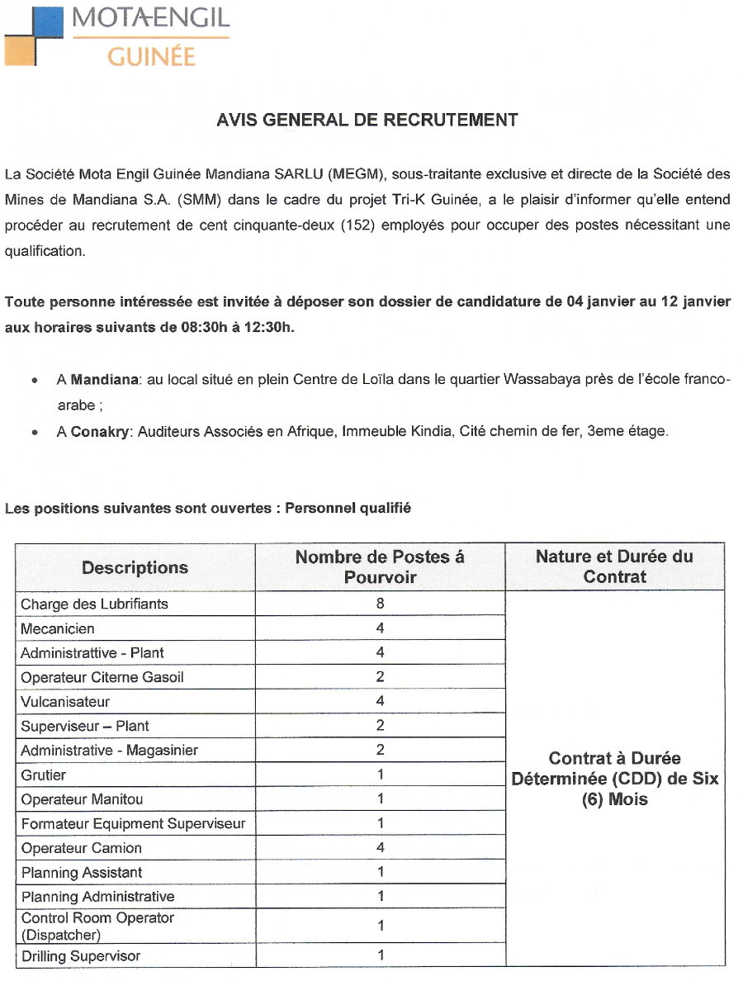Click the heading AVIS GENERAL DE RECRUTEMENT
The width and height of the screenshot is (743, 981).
(367, 120)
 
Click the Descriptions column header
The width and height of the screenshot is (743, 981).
(135, 567)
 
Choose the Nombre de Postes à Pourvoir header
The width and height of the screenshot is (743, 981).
(380, 566)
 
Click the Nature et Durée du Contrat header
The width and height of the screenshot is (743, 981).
(614, 566)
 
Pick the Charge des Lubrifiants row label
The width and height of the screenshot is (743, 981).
(94, 604)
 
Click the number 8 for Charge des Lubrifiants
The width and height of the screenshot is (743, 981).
(380, 604)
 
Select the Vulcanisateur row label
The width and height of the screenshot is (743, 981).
(65, 702)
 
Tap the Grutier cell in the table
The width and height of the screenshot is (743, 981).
(44, 775)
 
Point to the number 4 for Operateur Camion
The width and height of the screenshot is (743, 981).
(380, 848)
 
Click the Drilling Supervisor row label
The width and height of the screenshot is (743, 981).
(81, 956)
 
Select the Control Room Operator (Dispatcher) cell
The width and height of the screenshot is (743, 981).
(97, 926)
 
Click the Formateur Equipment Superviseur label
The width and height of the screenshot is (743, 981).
(133, 824)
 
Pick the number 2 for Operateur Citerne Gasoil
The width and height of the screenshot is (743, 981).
(380, 677)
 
